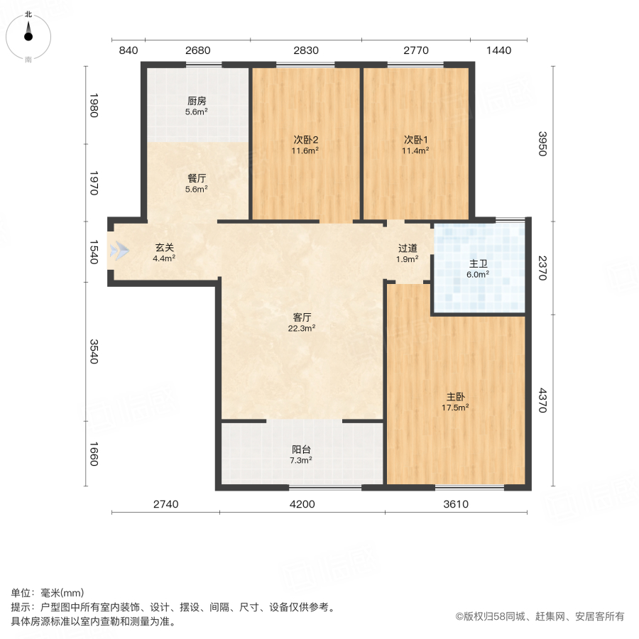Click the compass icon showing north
click(28, 34)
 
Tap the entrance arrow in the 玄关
click(120, 251)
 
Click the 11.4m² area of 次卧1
click(416, 151)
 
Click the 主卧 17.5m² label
click(456, 402)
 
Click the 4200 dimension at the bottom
click(302, 505)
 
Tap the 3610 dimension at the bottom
click(455, 505)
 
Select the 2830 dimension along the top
click(306, 50)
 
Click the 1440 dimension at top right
click(498, 50)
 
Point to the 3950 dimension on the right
click(542, 144)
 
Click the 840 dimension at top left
click(128, 50)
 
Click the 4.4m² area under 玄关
click(164, 258)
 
